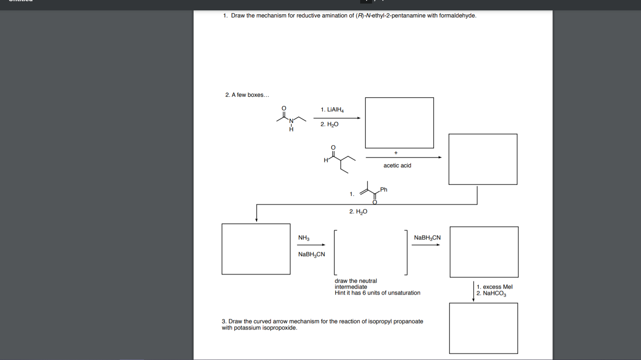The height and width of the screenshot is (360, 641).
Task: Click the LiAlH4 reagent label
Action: coord(332,110)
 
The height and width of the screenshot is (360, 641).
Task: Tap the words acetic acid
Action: coord(397,166)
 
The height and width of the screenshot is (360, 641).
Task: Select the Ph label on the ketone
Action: coord(384,190)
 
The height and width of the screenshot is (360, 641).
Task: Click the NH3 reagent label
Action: coord(303,238)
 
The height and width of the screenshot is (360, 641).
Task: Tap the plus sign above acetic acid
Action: coord(396,153)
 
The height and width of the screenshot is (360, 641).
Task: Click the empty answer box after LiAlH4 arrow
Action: coord(399,123)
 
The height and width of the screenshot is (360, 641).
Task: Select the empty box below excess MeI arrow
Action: coord(483,328)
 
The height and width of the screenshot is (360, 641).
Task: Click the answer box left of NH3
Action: coord(256,249)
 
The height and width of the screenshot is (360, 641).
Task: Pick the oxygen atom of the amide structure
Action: coord(284,108)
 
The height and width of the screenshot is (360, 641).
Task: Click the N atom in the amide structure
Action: coord(291,121)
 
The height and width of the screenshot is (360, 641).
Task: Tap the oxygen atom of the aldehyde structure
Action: coord(333,147)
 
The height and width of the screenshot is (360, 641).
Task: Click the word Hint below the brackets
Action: coord(340,293)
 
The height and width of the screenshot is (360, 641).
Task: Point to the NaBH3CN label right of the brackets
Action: coord(427,238)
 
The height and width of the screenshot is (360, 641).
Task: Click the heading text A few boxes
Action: coord(250,95)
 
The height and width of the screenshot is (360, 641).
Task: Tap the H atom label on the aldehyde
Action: coord(326,161)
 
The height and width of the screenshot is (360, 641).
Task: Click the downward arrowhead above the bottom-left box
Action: coord(257,220)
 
